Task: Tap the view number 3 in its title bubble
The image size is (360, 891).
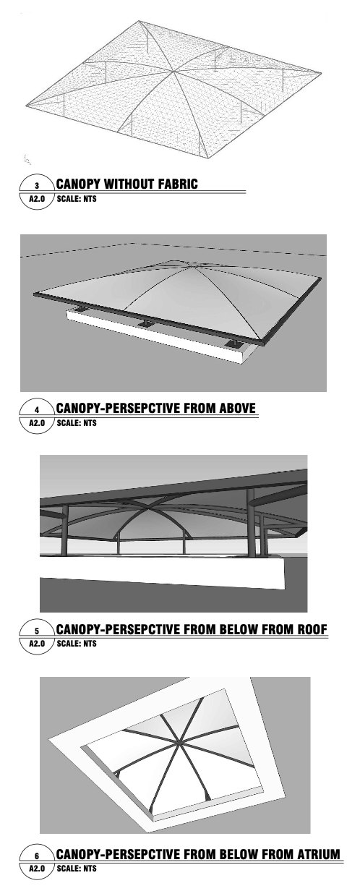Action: click(x=37, y=185)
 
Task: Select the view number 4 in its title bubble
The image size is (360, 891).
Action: click(x=37, y=409)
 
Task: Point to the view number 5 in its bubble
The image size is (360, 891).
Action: click(x=37, y=631)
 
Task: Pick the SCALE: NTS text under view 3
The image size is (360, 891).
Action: click(x=77, y=198)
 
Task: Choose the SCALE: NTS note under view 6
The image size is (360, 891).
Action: click(x=77, y=869)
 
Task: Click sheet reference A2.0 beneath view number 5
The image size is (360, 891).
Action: click(x=37, y=644)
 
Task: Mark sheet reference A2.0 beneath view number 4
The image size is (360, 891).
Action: click(x=37, y=423)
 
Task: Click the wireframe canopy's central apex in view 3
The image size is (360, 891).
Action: click(x=173, y=72)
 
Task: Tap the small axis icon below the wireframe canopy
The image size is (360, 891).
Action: click(x=27, y=158)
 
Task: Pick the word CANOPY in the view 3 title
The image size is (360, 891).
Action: click(x=78, y=184)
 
